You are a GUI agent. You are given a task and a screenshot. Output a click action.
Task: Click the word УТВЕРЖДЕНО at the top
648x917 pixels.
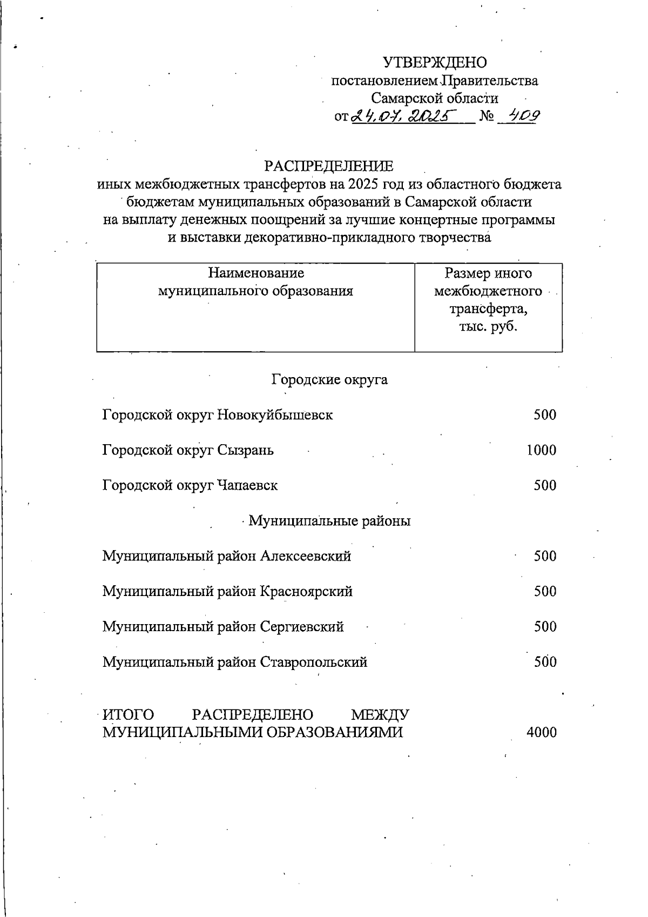click(435, 63)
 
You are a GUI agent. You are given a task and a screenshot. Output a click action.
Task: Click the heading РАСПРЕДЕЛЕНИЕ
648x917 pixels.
click(328, 166)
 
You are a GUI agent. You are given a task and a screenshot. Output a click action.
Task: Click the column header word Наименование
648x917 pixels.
click(256, 273)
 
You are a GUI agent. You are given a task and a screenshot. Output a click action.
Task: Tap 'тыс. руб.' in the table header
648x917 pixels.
click(488, 326)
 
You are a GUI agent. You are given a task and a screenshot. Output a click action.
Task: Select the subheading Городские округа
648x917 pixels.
click(329, 379)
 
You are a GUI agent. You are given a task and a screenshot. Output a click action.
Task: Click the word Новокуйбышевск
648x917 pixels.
click(275, 415)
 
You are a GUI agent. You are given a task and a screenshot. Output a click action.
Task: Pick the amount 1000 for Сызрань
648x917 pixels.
click(541, 450)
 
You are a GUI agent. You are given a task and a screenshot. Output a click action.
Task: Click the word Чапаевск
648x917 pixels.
click(247, 485)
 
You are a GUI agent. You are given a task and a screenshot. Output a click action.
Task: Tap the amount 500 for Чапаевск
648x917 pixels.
click(545, 485)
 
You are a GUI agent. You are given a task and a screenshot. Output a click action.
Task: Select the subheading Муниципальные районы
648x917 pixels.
click(329, 521)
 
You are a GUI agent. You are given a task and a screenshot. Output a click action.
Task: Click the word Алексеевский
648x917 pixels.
click(306, 556)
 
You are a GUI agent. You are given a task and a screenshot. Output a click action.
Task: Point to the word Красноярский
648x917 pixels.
click(306, 591)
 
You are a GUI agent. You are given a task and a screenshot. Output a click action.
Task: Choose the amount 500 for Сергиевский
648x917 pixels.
click(545, 627)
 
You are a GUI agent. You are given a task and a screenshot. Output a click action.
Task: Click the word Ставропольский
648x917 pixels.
click(314, 662)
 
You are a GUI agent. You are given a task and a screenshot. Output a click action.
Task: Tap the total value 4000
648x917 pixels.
click(541, 733)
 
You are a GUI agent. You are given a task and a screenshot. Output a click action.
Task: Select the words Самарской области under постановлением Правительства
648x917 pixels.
click(435, 98)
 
